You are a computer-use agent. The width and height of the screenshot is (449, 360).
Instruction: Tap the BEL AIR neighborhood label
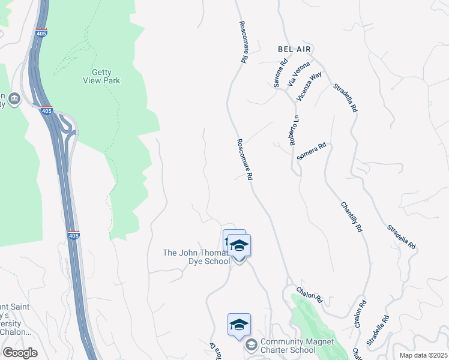296,48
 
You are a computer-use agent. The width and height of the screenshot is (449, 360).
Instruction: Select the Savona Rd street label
281,73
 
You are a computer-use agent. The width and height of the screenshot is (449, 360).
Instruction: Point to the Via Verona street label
298,73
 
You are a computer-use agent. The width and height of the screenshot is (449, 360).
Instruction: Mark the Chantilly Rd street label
352,217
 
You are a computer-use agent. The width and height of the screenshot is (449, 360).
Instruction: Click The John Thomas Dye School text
196,257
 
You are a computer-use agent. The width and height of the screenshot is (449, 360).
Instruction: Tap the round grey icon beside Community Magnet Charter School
251,345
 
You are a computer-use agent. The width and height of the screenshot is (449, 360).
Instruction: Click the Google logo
20,353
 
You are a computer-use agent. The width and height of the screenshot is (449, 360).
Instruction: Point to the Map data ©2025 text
423,355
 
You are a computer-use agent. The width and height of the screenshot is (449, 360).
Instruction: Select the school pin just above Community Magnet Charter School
239,325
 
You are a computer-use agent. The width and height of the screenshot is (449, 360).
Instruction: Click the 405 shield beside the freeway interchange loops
47,110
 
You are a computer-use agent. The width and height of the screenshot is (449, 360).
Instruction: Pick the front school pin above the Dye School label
239,246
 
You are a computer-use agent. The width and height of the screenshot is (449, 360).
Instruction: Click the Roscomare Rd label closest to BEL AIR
243,42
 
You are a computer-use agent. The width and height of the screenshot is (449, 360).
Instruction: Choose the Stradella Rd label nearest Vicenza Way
345,98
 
